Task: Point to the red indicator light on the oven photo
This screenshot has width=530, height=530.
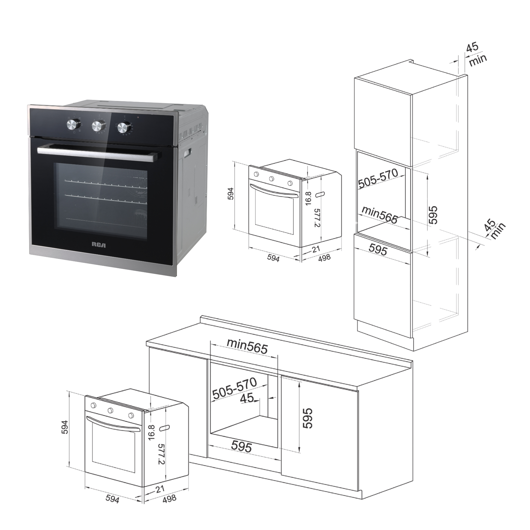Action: [x=138, y=118]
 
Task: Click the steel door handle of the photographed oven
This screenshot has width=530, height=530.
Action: [x=99, y=153]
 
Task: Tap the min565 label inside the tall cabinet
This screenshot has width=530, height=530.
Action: [x=380, y=215]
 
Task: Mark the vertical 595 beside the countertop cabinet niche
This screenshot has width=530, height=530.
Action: [x=307, y=418]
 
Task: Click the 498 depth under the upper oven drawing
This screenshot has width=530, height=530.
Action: [x=324, y=258]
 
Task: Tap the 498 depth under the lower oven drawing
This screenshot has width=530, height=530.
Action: [x=169, y=498]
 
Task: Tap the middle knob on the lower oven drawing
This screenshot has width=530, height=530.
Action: [x=111, y=410]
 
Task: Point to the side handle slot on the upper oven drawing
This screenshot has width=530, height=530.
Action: [x=320, y=195]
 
